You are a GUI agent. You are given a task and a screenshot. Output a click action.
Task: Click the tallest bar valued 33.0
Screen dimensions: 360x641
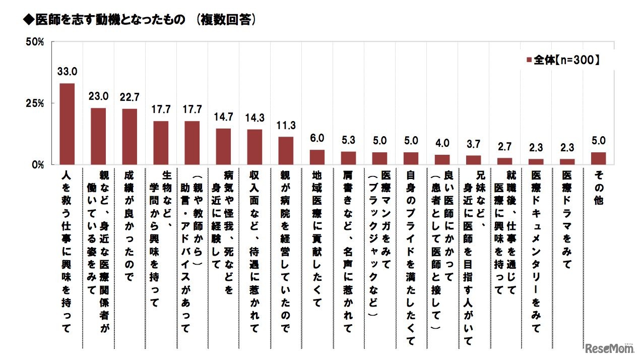[67, 124]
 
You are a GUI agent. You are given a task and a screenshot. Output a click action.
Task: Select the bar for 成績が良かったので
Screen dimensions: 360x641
[130, 137]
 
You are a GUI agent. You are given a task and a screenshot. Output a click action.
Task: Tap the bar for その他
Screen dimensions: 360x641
[598, 158]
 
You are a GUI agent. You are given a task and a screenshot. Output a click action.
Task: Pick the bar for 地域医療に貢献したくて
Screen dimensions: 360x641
[317, 157]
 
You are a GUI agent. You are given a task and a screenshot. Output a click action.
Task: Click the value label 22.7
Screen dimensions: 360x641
[130, 97]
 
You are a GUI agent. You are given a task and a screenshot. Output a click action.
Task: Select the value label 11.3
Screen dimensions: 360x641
[286, 126]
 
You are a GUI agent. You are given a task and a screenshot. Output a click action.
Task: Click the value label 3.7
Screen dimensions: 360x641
[473, 144]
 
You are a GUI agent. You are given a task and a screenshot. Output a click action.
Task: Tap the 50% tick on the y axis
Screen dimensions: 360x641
[35, 41]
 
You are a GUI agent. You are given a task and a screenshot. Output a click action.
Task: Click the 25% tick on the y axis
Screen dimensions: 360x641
[35, 103]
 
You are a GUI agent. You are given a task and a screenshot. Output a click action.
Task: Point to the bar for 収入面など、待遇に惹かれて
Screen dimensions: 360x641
[254, 147]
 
